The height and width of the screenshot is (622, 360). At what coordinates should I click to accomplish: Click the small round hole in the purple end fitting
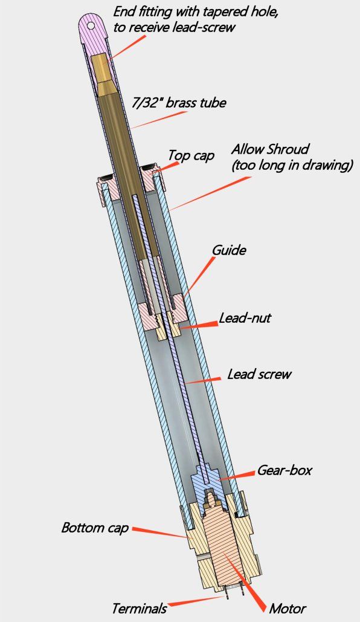pyautogui.click(x=91, y=25)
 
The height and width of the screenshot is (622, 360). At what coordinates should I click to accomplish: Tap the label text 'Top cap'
pyautogui.click(x=191, y=155)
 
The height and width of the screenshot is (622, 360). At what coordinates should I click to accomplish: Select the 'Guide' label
pyautogui.click(x=229, y=250)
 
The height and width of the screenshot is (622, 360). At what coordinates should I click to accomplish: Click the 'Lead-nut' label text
pyautogui.click(x=245, y=318)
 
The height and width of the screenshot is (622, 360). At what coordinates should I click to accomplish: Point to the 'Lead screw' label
pyautogui.click(x=259, y=374)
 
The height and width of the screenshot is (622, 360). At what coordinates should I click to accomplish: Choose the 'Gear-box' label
pyautogui.click(x=284, y=470)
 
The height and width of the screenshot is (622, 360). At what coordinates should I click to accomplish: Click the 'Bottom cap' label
pyautogui.click(x=95, y=528)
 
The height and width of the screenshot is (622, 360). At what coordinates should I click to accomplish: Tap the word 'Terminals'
pyautogui.click(x=139, y=608)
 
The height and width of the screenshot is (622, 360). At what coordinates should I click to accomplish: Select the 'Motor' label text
pyautogui.click(x=288, y=608)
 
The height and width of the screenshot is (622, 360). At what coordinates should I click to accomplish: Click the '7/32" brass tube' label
pyautogui.click(x=179, y=103)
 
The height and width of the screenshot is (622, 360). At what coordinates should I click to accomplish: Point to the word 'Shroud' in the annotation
pyautogui.click(x=288, y=149)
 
